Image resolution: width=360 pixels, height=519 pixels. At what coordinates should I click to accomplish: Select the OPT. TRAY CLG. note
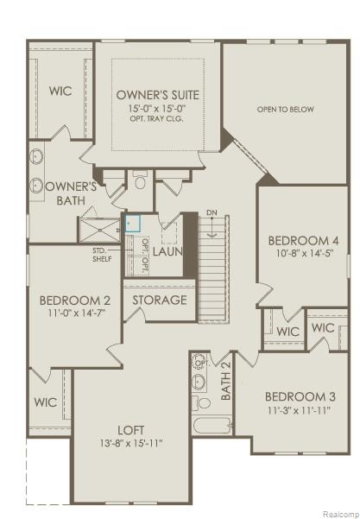157,119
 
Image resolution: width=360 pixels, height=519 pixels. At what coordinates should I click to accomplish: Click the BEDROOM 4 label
302,240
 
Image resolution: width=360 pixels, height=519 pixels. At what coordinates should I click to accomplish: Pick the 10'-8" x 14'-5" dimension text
302,255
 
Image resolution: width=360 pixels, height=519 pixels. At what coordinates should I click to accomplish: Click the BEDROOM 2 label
75,301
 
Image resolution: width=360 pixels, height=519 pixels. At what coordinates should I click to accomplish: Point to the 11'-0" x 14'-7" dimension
75,315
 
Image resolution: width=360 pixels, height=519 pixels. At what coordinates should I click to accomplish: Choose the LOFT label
130,429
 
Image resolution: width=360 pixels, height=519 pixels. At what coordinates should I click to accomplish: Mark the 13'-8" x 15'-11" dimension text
130,444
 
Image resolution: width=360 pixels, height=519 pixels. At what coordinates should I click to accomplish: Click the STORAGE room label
159,301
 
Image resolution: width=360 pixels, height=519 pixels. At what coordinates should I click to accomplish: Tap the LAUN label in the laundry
168,251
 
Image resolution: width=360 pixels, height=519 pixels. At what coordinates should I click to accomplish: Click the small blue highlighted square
132,223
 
